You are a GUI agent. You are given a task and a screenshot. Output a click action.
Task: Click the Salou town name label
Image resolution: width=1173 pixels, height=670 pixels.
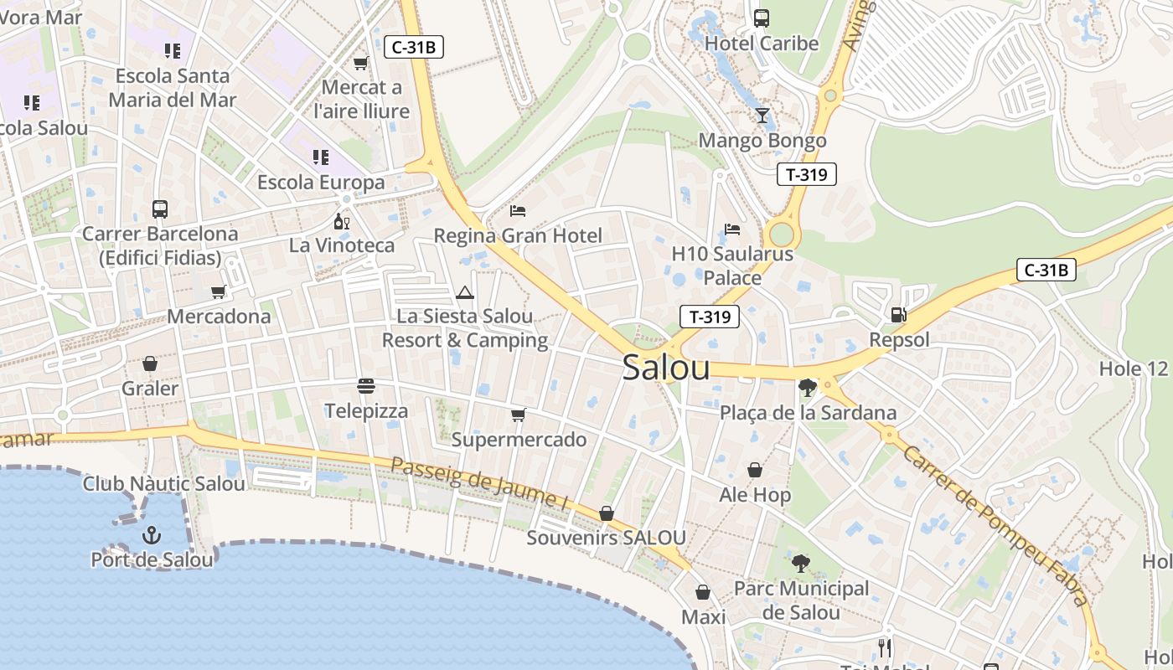point(666,368)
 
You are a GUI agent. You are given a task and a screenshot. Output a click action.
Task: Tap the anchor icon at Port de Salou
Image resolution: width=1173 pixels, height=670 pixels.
point(152,534)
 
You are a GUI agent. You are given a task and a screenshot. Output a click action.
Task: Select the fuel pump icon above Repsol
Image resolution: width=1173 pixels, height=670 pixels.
point(898,315)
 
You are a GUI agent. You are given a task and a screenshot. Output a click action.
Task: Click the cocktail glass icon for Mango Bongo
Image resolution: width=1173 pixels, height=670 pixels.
point(762,116)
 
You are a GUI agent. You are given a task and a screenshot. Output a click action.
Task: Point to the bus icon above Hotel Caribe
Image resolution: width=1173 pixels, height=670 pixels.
point(762,18)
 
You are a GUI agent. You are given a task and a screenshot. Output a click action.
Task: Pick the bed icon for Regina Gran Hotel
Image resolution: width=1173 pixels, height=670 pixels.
point(518,210)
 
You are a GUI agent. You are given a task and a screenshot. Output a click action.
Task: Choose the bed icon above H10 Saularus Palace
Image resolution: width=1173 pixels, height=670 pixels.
point(732,229)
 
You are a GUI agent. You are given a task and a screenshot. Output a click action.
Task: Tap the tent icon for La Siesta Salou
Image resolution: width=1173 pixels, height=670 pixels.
point(465,292)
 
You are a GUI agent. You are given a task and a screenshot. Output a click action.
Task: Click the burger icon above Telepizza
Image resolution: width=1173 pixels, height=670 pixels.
point(366,386)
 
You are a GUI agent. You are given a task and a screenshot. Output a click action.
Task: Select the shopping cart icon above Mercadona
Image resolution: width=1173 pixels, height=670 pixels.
point(219,291)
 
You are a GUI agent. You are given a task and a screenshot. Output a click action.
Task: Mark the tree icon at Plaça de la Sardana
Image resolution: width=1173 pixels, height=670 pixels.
point(808,388)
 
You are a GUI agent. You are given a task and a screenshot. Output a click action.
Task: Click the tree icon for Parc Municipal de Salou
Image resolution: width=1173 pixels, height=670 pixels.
point(801,564)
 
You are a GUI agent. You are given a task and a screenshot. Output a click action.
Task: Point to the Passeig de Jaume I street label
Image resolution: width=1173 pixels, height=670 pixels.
point(479,483)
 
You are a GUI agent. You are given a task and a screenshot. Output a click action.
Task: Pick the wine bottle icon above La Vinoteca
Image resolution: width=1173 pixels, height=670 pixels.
point(341,221)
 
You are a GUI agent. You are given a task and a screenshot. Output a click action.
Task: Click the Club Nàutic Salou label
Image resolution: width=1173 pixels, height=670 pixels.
point(164,484)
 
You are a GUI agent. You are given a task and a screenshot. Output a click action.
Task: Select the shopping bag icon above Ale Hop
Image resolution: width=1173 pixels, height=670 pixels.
point(755,470)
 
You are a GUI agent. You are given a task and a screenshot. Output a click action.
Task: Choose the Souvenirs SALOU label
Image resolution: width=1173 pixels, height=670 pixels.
point(607,538)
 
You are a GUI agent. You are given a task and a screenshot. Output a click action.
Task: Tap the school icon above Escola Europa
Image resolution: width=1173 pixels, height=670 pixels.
point(321,157)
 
